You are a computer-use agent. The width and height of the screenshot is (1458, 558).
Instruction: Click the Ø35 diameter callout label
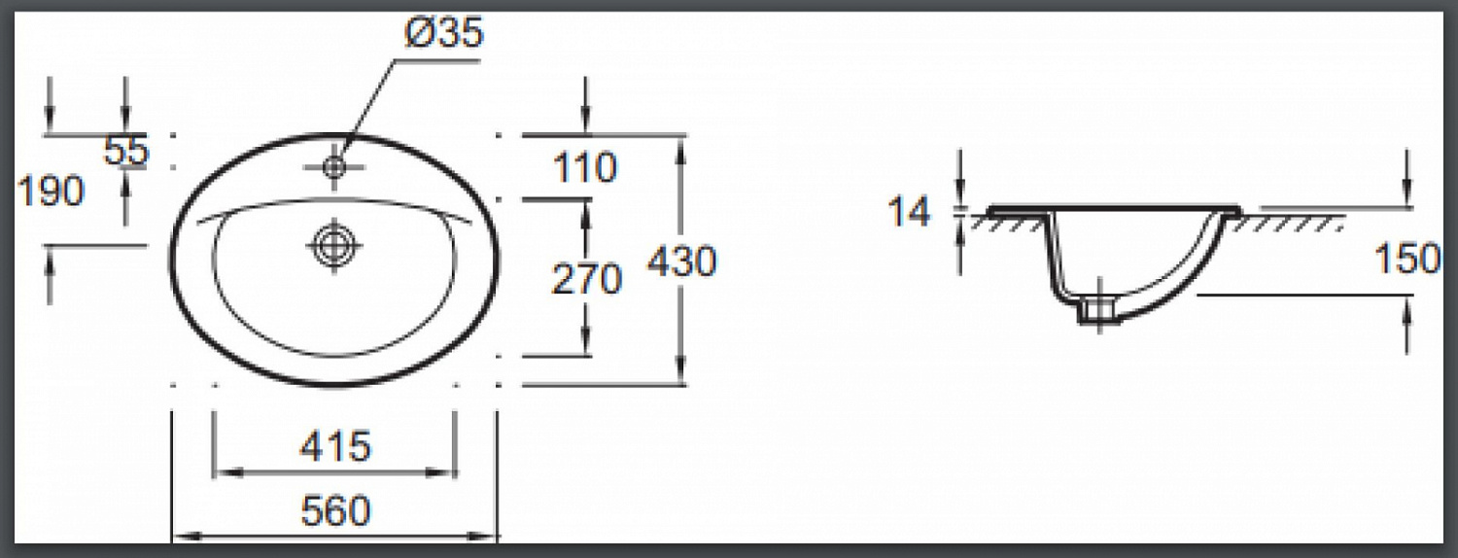click(444, 32)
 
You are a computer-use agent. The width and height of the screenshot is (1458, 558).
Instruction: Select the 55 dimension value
click(126, 151)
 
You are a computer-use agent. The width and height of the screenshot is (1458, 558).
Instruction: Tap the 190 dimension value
click(51, 192)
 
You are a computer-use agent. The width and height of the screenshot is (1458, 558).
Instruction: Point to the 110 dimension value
click(585, 167)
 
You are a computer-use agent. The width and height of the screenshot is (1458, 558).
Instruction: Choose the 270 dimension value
click(586, 279)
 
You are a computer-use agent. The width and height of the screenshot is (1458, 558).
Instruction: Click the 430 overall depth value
click(681, 262)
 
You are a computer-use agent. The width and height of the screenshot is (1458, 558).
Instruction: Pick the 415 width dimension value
click(335, 446)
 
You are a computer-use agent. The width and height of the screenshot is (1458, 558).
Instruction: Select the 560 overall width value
click(336, 511)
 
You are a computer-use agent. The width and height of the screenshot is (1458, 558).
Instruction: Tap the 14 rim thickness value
click(909, 212)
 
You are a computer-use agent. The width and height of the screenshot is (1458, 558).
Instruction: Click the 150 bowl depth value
click(1407, 259)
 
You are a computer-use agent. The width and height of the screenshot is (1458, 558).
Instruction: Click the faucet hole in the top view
click(334, 167)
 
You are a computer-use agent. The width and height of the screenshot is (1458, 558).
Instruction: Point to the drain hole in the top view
click(334, 246)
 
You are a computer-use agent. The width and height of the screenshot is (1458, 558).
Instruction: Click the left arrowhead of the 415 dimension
click(226, 472)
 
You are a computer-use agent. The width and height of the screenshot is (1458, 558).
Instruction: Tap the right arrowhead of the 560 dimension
click(483, 538)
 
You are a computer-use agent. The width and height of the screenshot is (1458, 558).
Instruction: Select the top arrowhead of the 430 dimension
click(680, 150)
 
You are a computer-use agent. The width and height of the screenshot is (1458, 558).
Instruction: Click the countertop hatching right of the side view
click(1286, 223)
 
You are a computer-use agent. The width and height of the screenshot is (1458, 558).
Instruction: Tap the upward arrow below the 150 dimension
click(1407, 325)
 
